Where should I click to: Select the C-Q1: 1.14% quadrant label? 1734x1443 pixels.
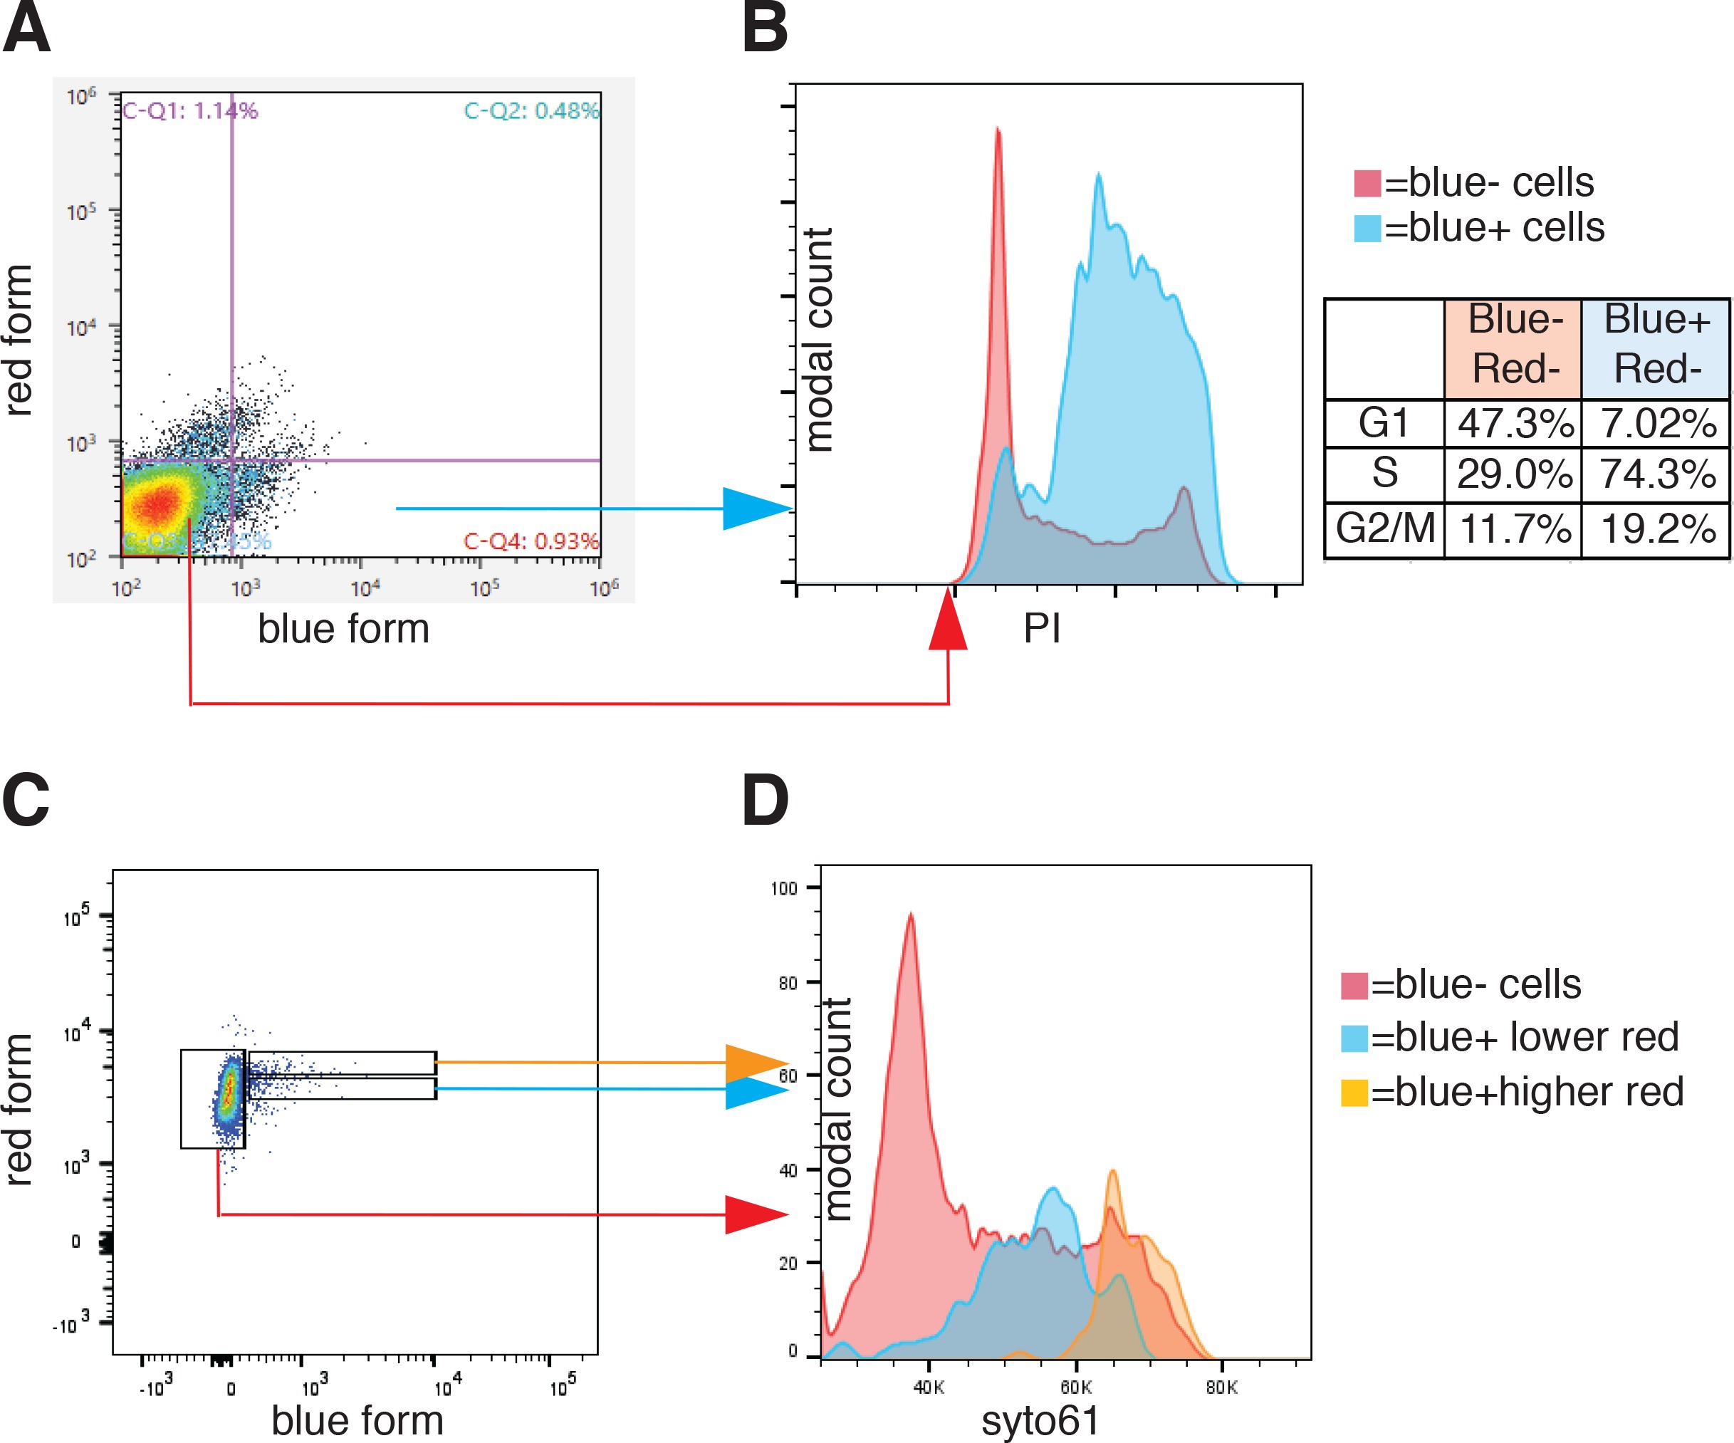click(190, 110)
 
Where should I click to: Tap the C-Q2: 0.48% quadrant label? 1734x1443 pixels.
click(531, 110)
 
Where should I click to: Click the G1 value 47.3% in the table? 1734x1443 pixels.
click(1515, 424)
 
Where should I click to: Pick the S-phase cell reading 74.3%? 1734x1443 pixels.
click(1657, 474)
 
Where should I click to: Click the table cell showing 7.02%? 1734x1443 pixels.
click(1657, 424)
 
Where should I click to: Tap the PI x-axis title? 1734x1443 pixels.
click(1041, 629)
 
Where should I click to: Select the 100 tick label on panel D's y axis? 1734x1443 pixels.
click(783, 889)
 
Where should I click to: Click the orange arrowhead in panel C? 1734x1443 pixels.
click(756, 1064)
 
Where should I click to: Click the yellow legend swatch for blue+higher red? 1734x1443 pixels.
click(1354, 1092)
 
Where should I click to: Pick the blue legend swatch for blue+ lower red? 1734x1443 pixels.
click(1354, 1038)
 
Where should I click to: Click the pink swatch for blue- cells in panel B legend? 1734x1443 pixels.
click(1367, 182)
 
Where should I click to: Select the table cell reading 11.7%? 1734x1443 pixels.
click(1515, 528)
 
